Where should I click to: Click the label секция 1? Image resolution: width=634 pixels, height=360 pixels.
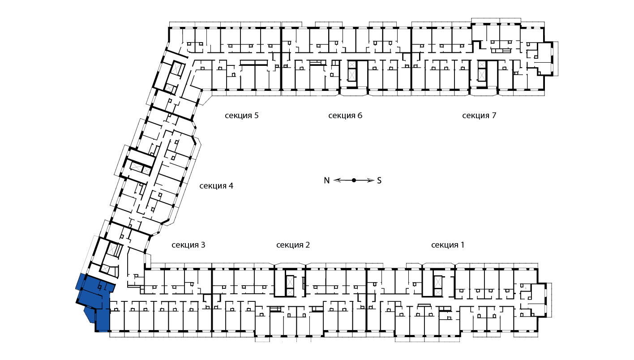(448, 245)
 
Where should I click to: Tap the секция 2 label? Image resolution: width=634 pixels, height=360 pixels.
(293, 245)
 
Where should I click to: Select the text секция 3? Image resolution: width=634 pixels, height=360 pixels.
(188, 245)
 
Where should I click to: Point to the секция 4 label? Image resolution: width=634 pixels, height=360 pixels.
(216, 186)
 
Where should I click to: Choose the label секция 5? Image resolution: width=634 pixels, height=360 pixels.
(242, 116)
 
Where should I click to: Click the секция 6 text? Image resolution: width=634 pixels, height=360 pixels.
(345, 116)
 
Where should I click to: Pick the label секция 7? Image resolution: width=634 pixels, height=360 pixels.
(479, 116)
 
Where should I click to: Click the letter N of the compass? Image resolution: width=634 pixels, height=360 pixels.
(327, 180)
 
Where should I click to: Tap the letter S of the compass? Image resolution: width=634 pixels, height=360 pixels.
(379, 180)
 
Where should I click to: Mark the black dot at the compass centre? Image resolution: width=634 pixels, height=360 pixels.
(354, 180)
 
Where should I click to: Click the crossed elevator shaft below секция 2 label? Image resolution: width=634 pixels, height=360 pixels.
(290, 285)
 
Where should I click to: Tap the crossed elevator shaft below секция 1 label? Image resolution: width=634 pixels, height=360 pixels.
(438, 285)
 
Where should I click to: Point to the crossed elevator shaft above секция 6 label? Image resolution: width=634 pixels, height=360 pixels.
(351, 72)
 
